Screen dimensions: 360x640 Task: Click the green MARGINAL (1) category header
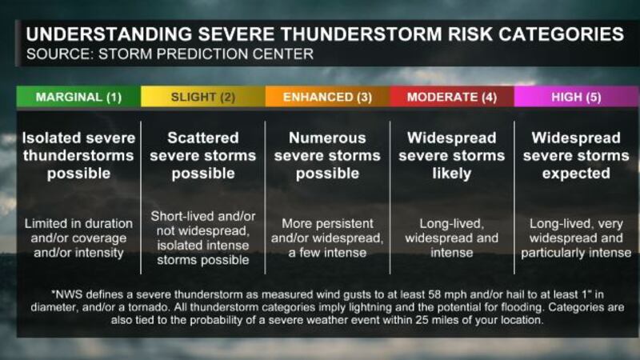[78, 97]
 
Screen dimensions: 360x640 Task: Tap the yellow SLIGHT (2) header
[202, 97]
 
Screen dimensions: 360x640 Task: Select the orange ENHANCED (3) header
[327, 97]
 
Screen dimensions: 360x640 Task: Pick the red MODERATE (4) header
[451, 97]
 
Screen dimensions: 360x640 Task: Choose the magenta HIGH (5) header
[576, 97]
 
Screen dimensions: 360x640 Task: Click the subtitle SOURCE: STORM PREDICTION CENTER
[170, 54]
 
